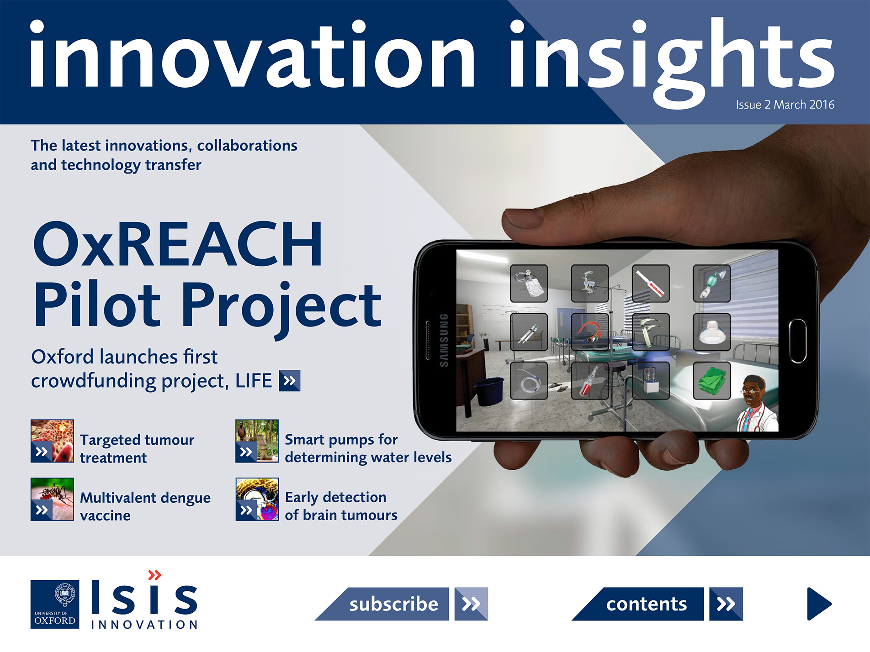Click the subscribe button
(x=393, y=604)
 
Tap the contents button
(x=646, y=604)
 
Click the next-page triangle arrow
(x=818, y=604)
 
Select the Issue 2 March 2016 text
(x=785, y=105)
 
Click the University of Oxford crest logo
(x=55, y=604)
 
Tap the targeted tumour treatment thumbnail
(x=52, y=441)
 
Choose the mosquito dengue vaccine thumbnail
(x=52, y=499)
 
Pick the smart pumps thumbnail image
(x=257, y=441)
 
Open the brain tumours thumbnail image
(x=257, y=499)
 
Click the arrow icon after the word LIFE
(x=289, y=380)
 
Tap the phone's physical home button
(x=797, y=341)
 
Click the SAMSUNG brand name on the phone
(x=443, y=340)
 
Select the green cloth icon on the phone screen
(x=711, y=381)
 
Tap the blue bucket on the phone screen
(x=489, y=390)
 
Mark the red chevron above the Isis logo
(x=155, y=574)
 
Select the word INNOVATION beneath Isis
(x=144, y=624)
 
